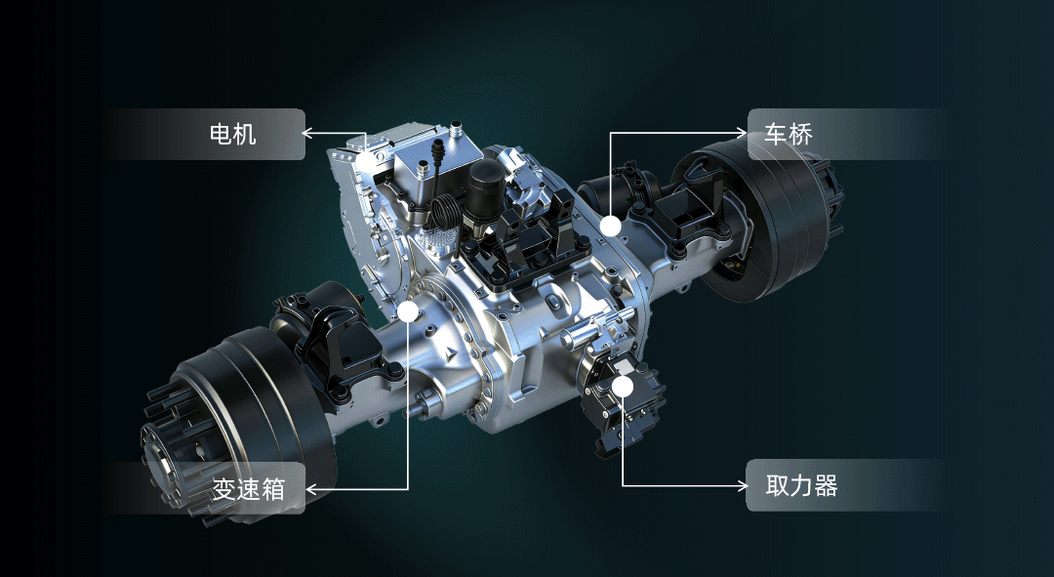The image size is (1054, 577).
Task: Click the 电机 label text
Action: [232, 135]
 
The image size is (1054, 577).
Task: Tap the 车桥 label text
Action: [789, 135]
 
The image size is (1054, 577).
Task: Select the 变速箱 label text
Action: [249, 489]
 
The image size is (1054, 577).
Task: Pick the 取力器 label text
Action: [801, 485]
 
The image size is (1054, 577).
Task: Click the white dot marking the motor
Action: [366, 161]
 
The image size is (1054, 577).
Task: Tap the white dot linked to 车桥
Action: [610, 226]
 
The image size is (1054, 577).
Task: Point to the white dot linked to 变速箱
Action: [408, 311]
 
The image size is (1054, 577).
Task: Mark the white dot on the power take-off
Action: [623, 386]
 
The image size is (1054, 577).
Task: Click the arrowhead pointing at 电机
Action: [306, 133]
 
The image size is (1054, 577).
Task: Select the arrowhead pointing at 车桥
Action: [742, 133]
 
